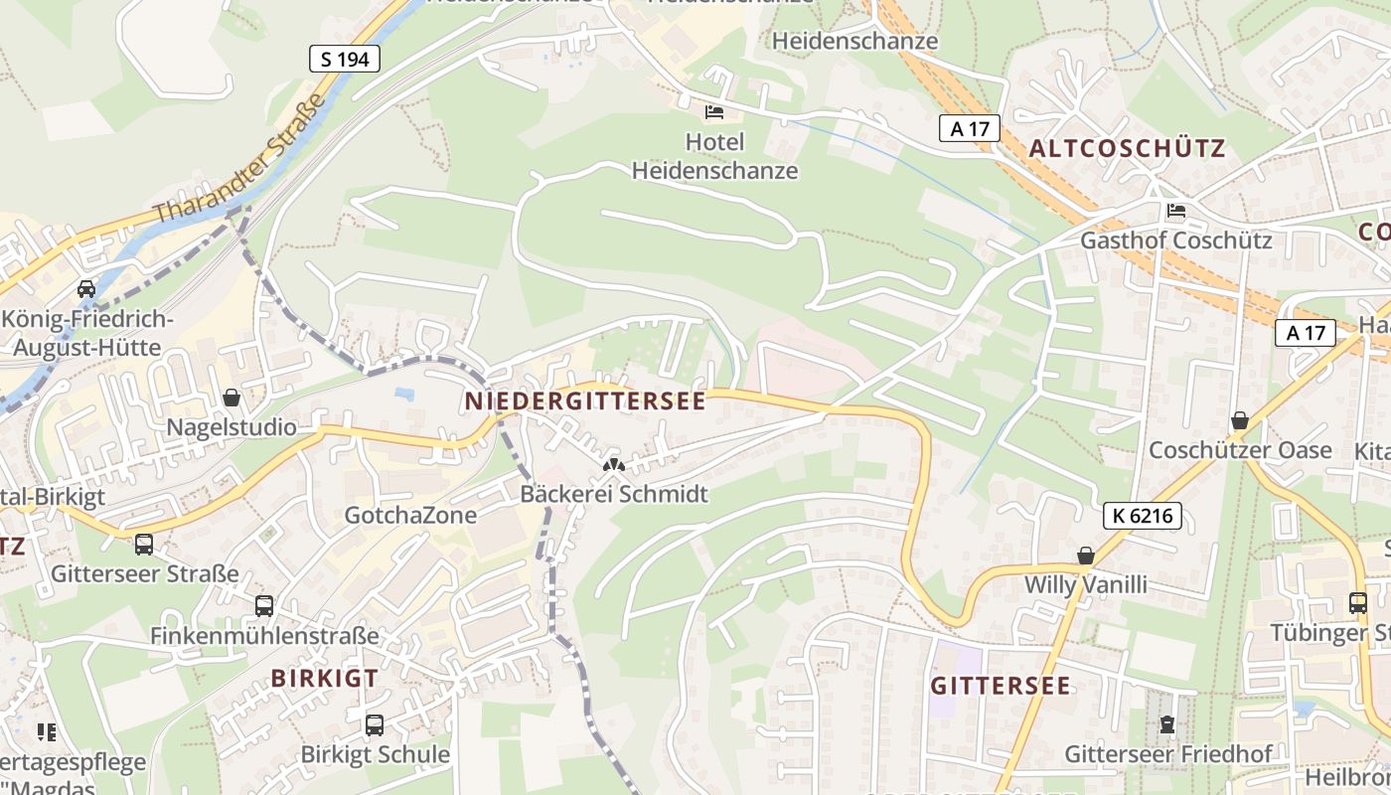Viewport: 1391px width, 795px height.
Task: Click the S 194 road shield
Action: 345,59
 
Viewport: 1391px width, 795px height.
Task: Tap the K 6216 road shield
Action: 1142,515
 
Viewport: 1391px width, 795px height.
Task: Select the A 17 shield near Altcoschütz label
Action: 969,127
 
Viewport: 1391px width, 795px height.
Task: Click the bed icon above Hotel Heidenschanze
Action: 714,112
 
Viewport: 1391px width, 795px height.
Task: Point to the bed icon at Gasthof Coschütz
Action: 1176,211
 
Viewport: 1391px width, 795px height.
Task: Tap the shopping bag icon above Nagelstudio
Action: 232,397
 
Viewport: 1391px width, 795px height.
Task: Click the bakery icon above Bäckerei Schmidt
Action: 614,464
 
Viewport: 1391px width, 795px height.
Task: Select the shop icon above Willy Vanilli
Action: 1086,556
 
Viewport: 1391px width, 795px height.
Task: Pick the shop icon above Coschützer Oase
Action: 1239,420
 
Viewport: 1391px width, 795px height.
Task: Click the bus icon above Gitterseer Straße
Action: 144,544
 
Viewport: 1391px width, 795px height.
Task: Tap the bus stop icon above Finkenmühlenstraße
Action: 264,605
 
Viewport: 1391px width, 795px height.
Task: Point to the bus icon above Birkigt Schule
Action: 375,725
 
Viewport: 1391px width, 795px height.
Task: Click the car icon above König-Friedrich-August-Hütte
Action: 86,289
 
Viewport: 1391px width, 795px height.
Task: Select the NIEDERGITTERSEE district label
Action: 585,401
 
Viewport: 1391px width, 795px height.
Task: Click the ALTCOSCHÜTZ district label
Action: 1127,149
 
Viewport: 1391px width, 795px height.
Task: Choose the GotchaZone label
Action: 410,515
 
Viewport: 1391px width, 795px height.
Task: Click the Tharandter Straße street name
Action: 240,159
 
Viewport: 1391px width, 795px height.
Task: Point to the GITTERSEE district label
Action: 1001,686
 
